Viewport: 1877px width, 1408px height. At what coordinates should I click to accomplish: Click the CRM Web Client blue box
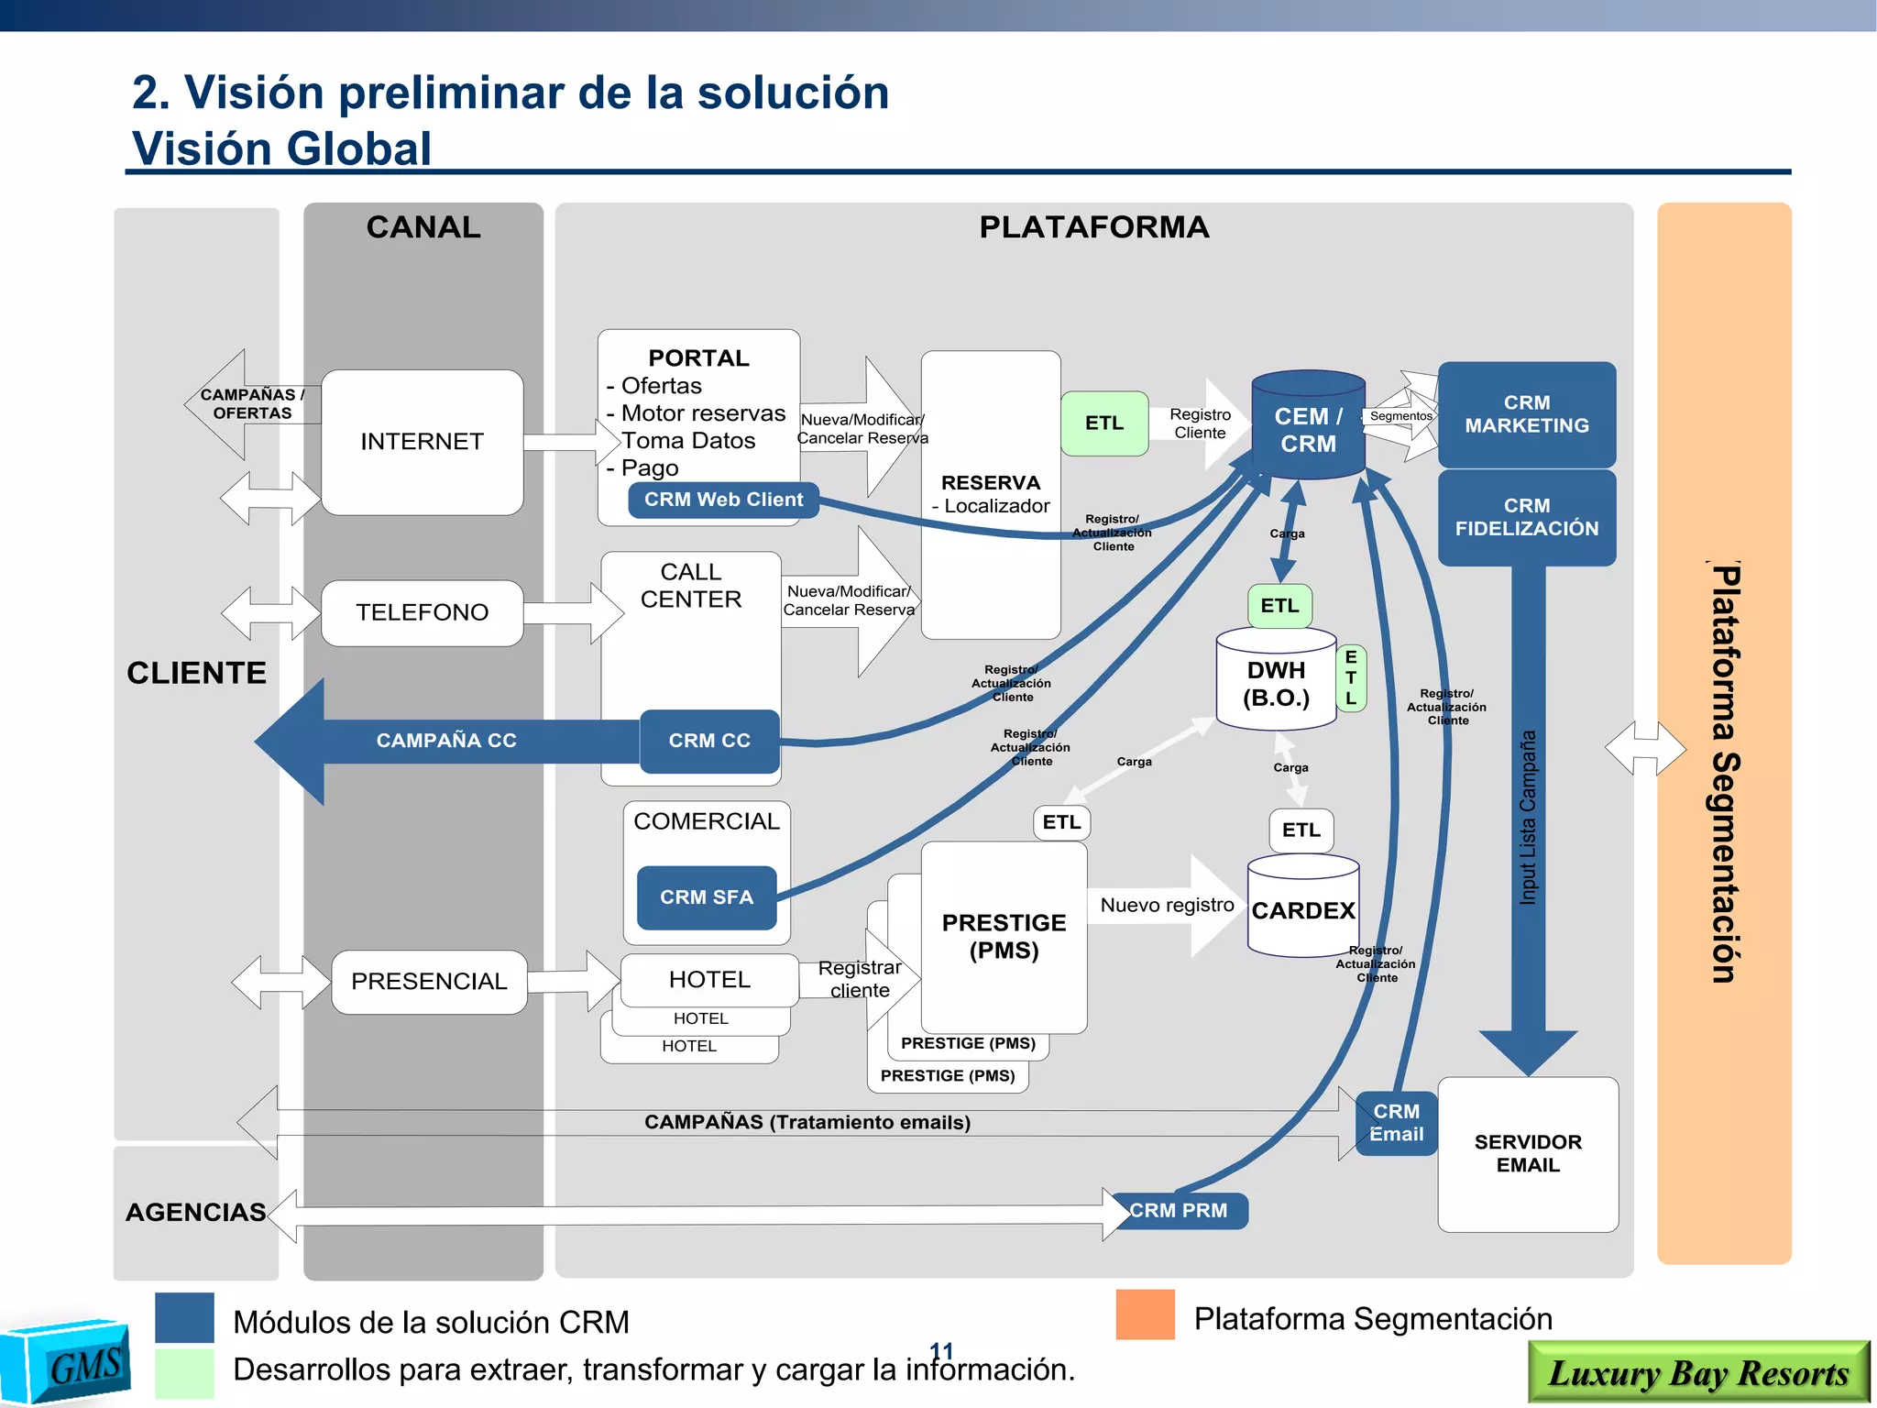(723, 500)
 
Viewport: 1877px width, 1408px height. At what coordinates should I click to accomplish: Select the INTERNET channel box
(422, 442)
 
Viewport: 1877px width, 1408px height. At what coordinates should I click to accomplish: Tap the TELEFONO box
(422, 612)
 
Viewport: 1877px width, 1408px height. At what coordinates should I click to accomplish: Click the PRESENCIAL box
(429, 982)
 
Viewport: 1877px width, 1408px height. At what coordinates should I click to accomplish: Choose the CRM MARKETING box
(1526, 414)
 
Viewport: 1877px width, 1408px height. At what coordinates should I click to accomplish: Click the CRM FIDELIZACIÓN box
(1526, 517)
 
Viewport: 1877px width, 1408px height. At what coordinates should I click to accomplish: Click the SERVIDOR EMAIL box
(1528, 1153)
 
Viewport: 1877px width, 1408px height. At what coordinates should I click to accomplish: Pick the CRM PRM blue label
(1179, 1210)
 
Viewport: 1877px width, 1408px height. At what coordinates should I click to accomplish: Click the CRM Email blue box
(1396, 1123)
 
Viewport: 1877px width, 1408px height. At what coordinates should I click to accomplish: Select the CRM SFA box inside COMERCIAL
(707, 897)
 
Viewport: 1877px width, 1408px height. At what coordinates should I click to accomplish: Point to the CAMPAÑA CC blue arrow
(445, 741)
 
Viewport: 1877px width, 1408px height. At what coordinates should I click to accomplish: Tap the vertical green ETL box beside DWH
(1351, 678)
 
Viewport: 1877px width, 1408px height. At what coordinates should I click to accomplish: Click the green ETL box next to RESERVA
(1104, 423)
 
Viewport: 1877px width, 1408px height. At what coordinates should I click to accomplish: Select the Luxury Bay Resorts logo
(1697, 1372)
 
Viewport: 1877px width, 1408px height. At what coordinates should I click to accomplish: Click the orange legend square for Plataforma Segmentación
(1145, 1314)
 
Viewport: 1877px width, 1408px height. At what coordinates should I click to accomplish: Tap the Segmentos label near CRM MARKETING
(1400, 416)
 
